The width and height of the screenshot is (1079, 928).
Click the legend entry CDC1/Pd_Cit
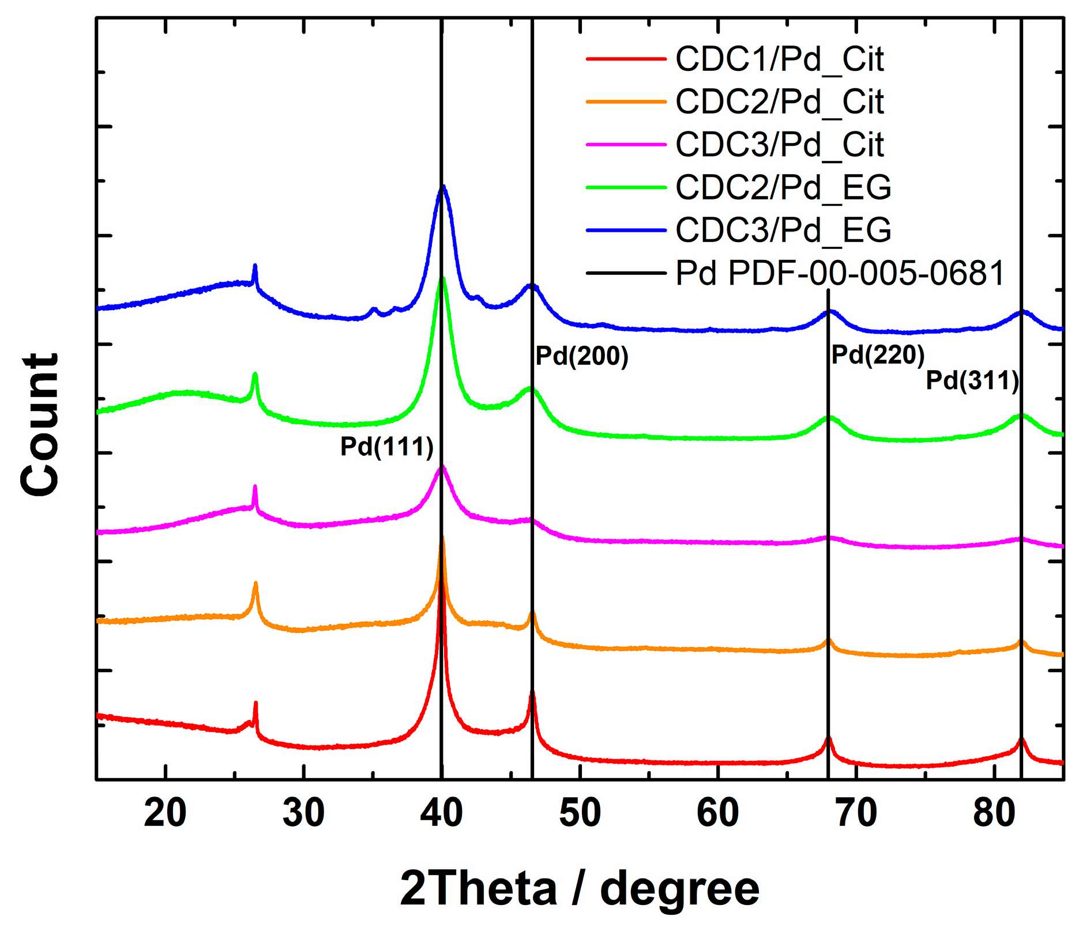click(x=779, y=59)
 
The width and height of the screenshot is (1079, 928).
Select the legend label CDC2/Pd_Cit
click(x=779, y=101)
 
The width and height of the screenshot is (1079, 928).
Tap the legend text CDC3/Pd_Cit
click(x=779, y=144)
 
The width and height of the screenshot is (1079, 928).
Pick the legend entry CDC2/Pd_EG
click(x=783, y=187)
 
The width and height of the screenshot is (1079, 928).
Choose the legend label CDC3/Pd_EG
click(x=783, y=229)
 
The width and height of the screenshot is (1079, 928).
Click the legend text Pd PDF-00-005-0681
click(x=840, y=272)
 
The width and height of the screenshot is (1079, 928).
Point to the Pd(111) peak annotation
click(x=386, y=447)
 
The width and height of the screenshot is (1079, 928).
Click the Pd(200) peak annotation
click(x=581, y=356)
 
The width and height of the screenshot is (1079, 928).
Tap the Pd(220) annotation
click(x=878, y=354)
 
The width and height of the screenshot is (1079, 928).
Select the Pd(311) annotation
click(x=972, y=380)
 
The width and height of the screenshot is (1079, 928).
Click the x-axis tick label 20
click(x=166, y=813)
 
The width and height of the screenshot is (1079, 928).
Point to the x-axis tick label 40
click(x=441, y=813)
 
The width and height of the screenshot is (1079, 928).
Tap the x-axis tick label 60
click(x=717, y=813)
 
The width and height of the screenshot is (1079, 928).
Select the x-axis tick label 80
click(x=994, y=813)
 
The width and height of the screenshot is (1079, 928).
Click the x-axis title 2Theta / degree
click(x=580, y=888)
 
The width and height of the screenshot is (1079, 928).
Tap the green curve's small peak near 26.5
click(x=255, y=375)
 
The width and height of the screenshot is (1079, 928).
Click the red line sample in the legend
click(x=626, y=59)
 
